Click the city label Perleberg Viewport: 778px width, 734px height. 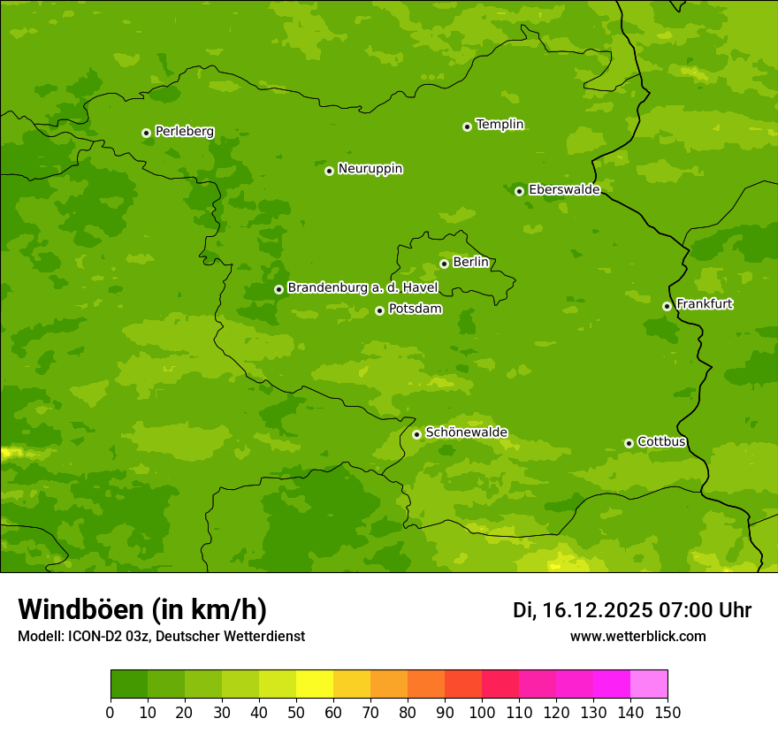click(x=184, y=132)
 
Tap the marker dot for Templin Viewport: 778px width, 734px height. click(x=467, y=126)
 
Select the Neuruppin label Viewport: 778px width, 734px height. click(x=370, y=169)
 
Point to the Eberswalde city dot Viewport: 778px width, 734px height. click(x=519, y=191)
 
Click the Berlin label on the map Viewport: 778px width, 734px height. click(x=470, y=263)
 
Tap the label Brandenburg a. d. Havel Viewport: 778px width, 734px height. click(x=362, y=288)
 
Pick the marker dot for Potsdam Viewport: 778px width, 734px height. click(x=379, y=310)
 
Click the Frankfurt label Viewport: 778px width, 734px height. click(x=704, y=304)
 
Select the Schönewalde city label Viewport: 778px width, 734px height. click(x=466, y=432)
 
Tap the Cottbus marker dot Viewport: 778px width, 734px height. click(x=629, y=443)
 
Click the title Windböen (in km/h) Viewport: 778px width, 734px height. click(x=141, y=609)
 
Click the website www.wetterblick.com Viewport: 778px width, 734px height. click(x=637, y=636)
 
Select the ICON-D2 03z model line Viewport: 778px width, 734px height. click(x=161, y=636)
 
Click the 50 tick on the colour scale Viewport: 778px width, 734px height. click(x=296, y=712)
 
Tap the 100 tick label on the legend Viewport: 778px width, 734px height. click(x=482, y=712)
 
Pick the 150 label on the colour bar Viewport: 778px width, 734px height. click(x=667, y=712)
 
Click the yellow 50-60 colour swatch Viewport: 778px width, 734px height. click(x=315, y=684)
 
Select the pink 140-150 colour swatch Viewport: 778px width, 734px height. click(x=649, y=684)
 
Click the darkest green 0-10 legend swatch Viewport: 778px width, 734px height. click(x=129, y=684)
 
